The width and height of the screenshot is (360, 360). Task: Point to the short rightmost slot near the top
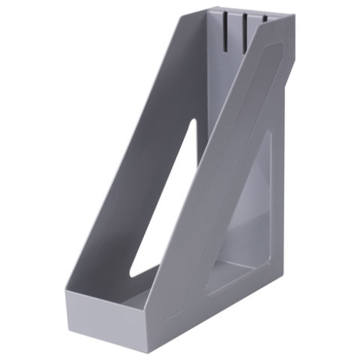(263, 16)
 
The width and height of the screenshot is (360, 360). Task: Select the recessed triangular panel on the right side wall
(249, 222)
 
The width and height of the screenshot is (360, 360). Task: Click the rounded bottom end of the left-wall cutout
(132, 273)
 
